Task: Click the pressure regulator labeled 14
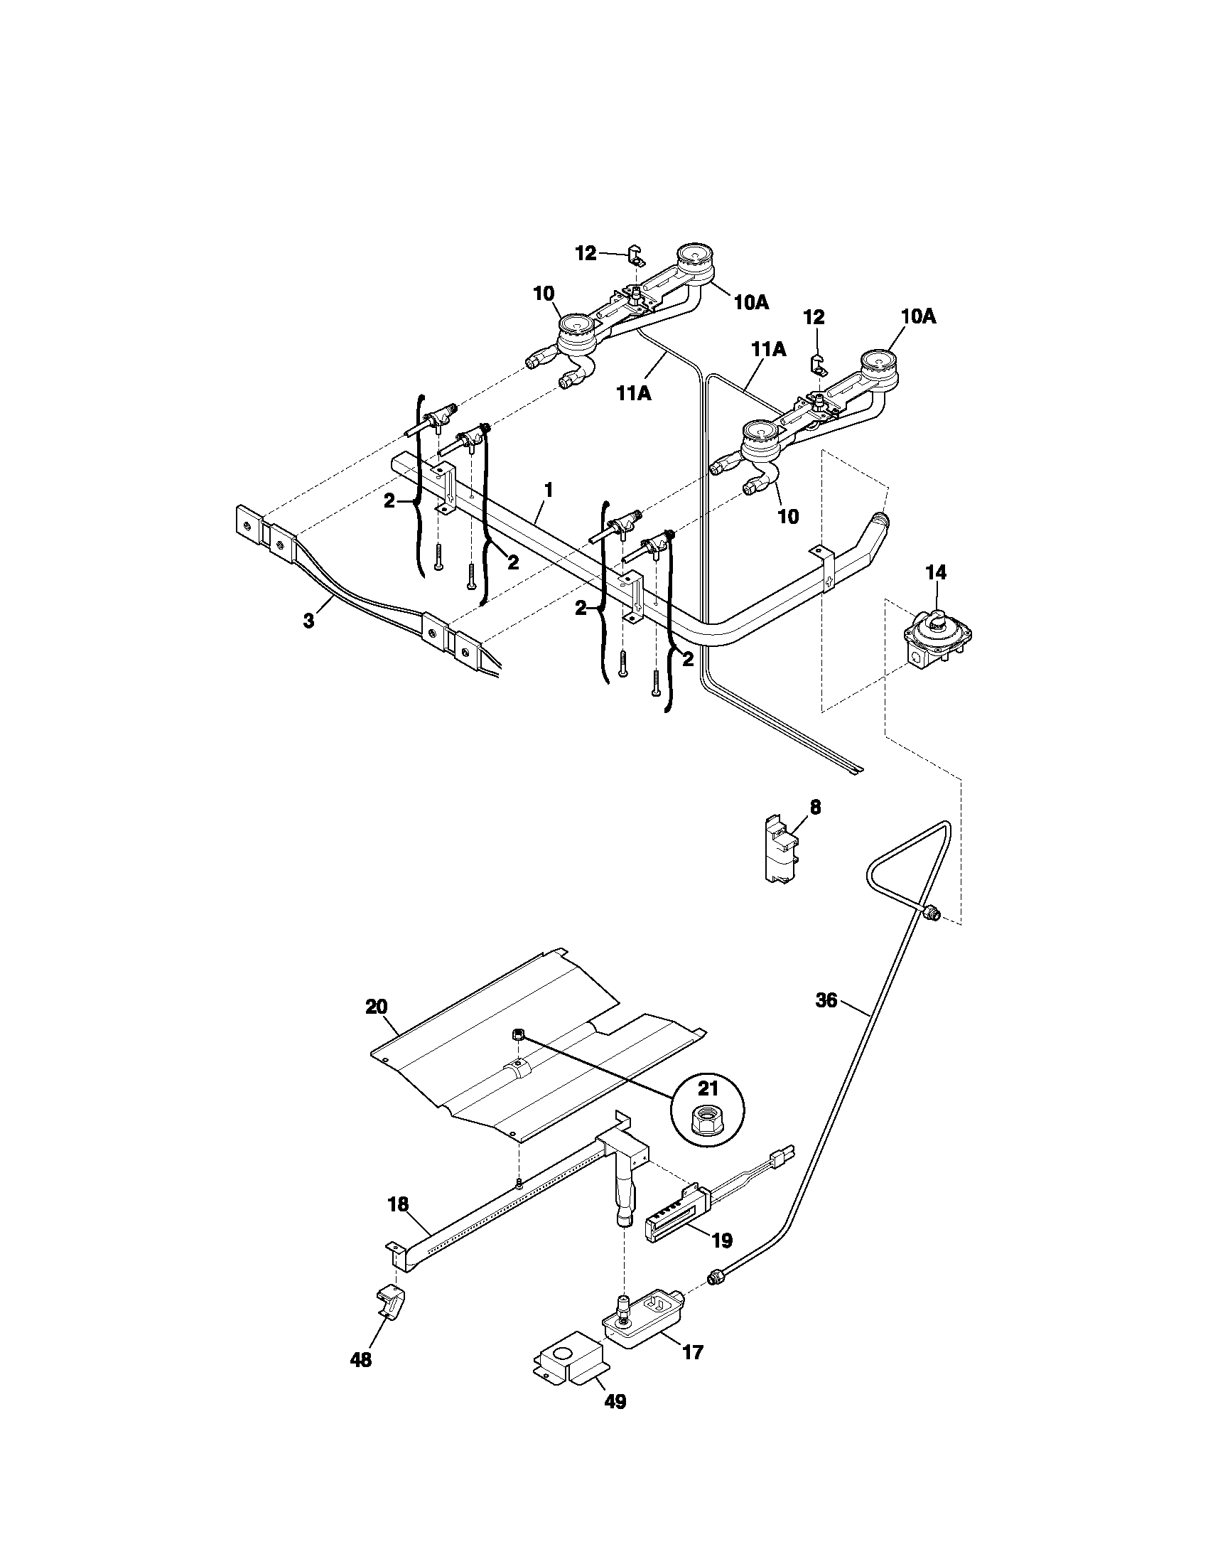point(937,634)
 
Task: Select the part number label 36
point(826,1000)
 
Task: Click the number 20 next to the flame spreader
point(376,1007)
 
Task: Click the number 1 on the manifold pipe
point(548,491)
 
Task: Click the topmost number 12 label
point(586,254)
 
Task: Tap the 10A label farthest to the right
point(918,316)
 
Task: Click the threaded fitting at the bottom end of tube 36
point(715,1275)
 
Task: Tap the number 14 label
point(935,572)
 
